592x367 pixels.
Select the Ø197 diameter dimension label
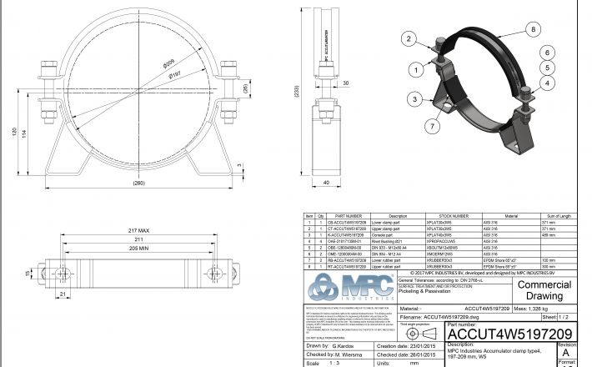[x=175, y=75]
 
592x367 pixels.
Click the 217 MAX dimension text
[x=138, y=229]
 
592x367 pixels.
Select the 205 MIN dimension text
[x=138, y=248]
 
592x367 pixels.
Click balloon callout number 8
[x=532, y=30]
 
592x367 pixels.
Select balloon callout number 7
[x=432, y=126]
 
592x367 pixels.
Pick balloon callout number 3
[x=412, y=98]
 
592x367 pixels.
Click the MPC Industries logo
[x=349, y=289]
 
